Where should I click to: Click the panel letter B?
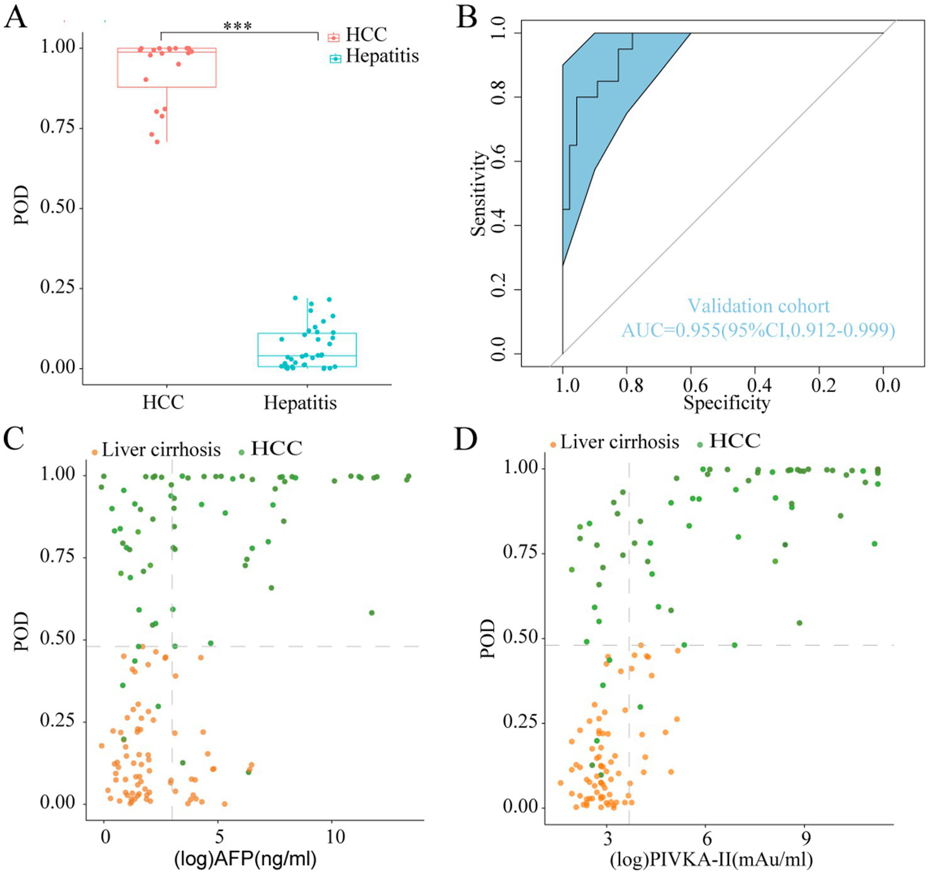[467, 17]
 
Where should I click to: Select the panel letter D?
[466, 439]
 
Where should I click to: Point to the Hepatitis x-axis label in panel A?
[300, 403]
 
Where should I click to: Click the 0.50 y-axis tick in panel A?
[58, 207]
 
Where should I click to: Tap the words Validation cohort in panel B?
[758, 306]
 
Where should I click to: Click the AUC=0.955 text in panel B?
[758, 330]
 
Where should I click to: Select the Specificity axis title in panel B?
[726, 403]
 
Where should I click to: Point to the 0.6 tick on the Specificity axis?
[695, 385]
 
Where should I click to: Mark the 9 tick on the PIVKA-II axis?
[806, 839]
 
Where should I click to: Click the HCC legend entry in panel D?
[734, 441]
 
